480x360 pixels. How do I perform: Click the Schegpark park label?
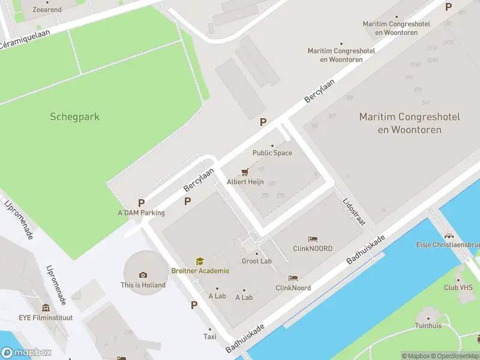pyautogui.click(x=74, y=117)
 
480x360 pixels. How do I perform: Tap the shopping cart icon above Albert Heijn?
pyautogui.click(x=244, y=172)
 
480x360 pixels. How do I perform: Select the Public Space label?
pyautogui.click(x=272, y=153)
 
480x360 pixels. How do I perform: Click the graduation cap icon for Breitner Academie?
pyautogui.click(x=199, y=261)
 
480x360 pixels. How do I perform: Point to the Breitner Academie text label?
pyautogui.click(x=200, y=271)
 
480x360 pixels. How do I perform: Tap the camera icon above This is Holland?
pyautogui.click(x=143, y=275)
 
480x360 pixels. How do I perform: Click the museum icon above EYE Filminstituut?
pyautogui.click(x=46, y=307)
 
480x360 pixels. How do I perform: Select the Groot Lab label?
pyautogui.click(x=257, y=261)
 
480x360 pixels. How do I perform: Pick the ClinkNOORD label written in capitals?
pyautogui.click(x=312, y=248)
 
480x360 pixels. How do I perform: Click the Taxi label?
pyautogui.click(x=209, y=337)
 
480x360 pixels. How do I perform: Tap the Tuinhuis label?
pyautogui.click(x=428, y=326)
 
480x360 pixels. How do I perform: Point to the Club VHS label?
pyautogui.click(x=458, y=287)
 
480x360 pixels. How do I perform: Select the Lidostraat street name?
pyautogui.click(x=353, y=211)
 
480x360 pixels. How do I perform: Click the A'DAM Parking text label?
pyautogui.click(x=141, y=213)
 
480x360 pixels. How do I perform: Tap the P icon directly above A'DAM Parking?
pyautogui.click(x=142, y=203)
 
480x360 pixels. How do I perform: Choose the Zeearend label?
pyautogui.click(x=47, y=10)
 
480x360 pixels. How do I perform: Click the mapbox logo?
pyautogui.click(x=26, y=352)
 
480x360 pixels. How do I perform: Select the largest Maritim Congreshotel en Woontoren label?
pyautogui.click(x=409, y=123)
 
